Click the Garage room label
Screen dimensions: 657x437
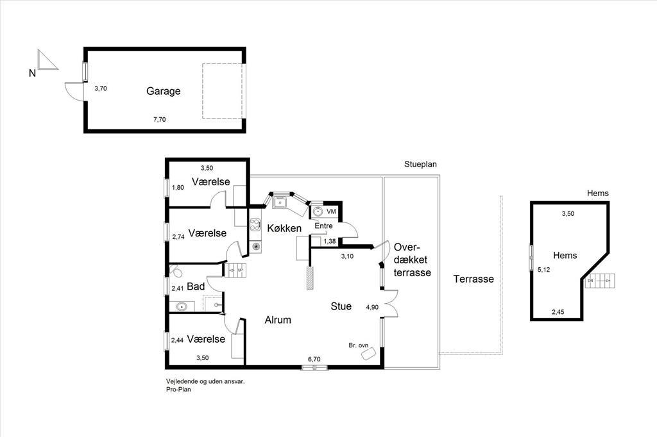pyautogui.click(x=164, y=91)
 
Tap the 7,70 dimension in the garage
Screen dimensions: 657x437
pyautogui.click(x=160, y=119)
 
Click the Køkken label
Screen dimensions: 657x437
pyautogui.click(x=284, y=228)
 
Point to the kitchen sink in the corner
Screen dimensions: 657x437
pyautogui.click(x=280, y=203)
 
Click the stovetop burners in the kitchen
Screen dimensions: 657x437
pyautogui.click(x=255, y=225)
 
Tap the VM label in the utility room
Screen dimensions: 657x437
pyautogui.click(x=331, y=212)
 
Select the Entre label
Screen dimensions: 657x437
pyautogui.click(x=323, y=226)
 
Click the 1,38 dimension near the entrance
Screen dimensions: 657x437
pyautogui.click(x=329, y=241)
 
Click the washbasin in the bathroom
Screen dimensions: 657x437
pyautogui.click(x=182, y=306)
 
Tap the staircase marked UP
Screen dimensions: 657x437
pyautogui.click(x=236, y=270)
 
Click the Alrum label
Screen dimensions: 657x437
pyautogui.click(x=278, y=320)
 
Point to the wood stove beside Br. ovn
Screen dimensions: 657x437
pyautogui.click(x=368, y=354)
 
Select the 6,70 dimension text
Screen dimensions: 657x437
pyautogui.click(x=314, y=359)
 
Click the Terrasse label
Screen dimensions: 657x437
pyautogui.click(x=474, y=279)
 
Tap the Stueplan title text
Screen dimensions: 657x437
pyautogui.click(x=420, y=165)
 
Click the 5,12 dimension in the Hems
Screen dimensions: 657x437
pyautogui.click(x=544, y=270)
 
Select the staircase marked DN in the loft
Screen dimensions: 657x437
pyautogui.click(x=600, y=281)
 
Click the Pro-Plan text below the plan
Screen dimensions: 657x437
pyautogui.click(x=178, y=390)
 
